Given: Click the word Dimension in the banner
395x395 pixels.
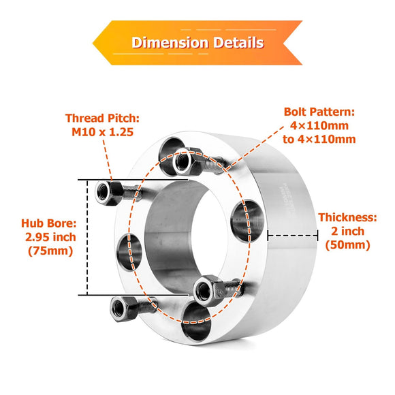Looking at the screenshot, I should click(170, 43).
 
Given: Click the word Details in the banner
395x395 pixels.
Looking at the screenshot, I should click(237, 43).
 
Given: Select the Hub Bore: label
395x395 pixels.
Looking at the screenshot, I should click(48, 223).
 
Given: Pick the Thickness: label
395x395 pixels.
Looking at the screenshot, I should click(347, 218).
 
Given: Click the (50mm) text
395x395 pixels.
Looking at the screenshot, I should click(348, 245).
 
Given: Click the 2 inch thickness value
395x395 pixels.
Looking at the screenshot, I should click(348, 232).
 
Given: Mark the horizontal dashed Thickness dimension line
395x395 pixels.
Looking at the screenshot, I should click(293, 236).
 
